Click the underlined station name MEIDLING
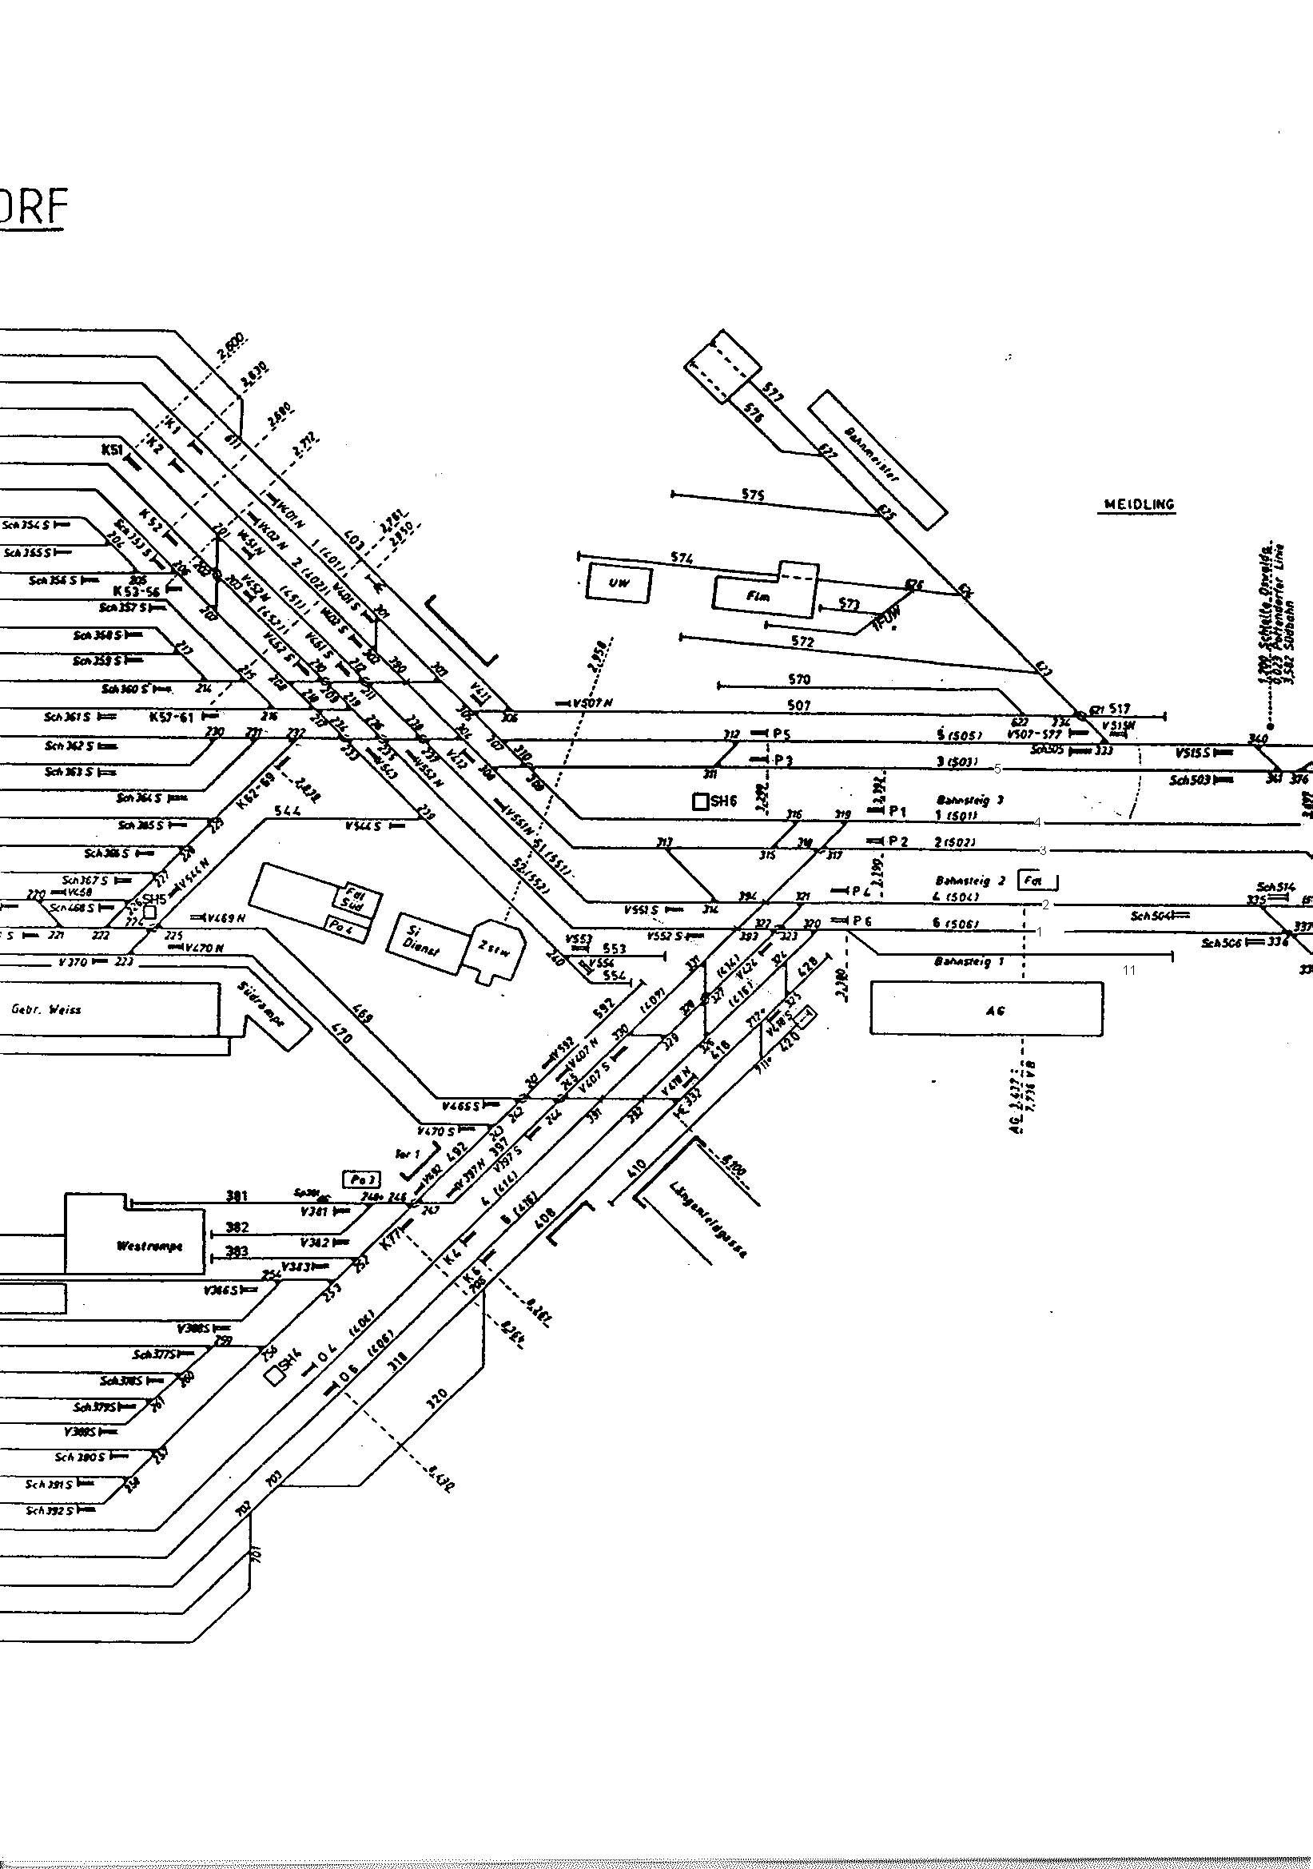pyautogui.click(x=1139, y=505)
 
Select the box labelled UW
pyautogui.click(x=619, y=583)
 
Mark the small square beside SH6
pyautogui.click(x=699, y=801)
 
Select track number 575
pyautogui.click(x=753, y=494)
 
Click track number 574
pyautogui.click(x=682, y=558)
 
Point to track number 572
pyautogui.click(x=802, y=642)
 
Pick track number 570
pyautogui.click(x=799, y=679)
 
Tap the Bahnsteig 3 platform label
pyautogui.click(x=969, y=800)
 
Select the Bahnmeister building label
pyautogui.click(x=871, y=455)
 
